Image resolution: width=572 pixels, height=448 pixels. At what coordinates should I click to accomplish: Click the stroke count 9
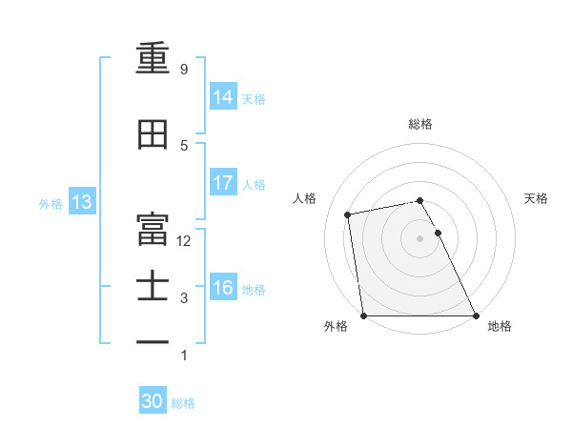184,70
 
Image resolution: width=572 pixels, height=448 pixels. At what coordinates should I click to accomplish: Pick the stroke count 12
185,241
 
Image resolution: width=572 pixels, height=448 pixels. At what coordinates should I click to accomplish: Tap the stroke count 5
184,145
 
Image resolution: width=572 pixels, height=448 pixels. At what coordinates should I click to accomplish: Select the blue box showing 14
223,97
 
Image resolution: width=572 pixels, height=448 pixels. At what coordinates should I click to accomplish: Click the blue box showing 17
223,183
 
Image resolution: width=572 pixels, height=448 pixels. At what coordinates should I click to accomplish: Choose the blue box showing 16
223,289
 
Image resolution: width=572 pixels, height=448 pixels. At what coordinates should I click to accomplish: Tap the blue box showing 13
81,202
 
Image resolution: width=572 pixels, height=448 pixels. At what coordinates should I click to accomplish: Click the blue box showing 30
153,402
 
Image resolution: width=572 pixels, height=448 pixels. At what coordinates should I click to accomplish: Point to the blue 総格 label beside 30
183,403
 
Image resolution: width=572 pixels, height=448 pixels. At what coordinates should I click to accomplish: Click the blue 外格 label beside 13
51,203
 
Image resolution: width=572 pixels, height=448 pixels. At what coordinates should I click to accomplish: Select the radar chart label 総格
419,124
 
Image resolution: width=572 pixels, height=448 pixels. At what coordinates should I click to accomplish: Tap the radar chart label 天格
536,198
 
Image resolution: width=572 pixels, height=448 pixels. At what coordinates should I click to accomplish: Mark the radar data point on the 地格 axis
475,315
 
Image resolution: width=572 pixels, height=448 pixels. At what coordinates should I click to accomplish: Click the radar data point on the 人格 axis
349,214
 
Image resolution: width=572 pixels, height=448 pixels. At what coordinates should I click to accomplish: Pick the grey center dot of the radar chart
419,237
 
